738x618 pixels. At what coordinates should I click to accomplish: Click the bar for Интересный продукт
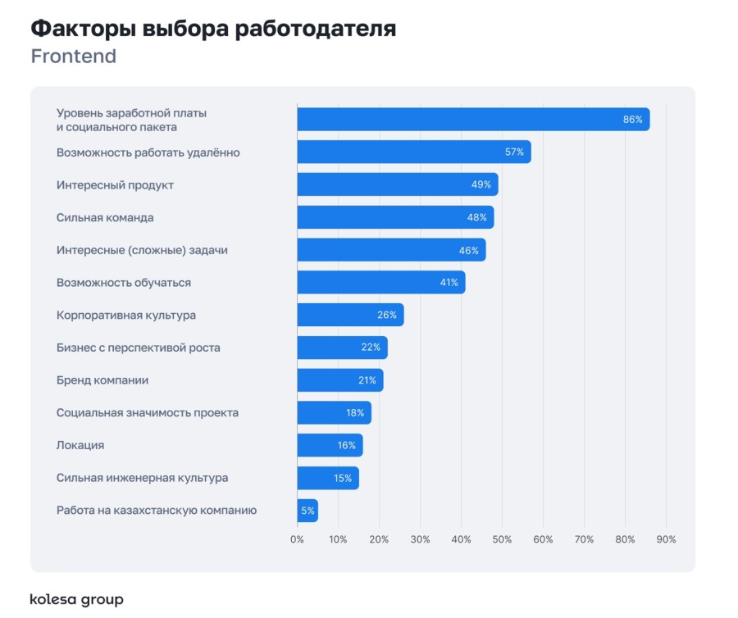[x=397, y=184]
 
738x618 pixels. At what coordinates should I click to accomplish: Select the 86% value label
[x=632, y=120]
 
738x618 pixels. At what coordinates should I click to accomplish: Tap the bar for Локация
[x=329, y=445]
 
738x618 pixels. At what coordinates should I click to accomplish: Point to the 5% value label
[x=307, y=511]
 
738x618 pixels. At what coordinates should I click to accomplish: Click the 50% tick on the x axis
[x=502, y=539]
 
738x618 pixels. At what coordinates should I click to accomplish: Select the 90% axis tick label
[x=666, y=539]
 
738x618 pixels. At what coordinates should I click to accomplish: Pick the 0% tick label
[x=297, y=539]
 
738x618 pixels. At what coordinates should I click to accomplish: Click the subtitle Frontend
[x=74, y=57]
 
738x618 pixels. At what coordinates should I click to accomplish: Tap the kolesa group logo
[x=76, y=599]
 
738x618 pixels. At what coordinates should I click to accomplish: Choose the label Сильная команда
[x=105, y=217]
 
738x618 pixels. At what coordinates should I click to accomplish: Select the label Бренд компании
[x=102, y=380]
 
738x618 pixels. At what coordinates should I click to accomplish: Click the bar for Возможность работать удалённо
[x=413, y=152]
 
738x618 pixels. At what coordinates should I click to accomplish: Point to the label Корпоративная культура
[x=126, y=315]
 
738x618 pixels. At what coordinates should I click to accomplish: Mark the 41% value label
[x=449, y=283]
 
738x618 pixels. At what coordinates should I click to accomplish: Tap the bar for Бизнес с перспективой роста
[x=341, y=348]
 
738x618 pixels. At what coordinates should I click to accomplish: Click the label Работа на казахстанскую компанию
[x=157, y=510]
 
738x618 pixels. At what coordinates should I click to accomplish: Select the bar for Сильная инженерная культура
[x=327, y=478]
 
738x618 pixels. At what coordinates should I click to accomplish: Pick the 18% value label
[x=354, y=413]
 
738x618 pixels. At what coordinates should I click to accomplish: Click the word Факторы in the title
[x=83, y=30]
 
